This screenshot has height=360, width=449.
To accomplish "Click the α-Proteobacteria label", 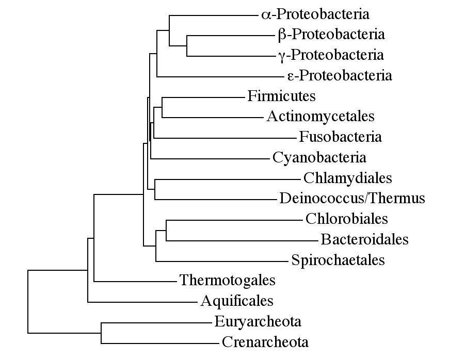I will point(315,14).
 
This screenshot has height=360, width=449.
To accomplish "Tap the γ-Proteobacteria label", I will point(330,55).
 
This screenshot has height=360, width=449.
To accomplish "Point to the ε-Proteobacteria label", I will point(339,76).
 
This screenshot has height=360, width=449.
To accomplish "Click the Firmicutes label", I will point(281,96).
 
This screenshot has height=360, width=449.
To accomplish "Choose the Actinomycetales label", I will point(320,117).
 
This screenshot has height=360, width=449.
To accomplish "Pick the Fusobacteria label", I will point(340,137).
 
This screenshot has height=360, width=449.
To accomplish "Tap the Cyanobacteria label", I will point(319,157).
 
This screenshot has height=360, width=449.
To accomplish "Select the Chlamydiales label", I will point(348,178).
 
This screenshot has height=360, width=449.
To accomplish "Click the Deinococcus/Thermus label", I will point(352,199).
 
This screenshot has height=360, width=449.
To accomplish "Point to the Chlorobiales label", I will point(346,219).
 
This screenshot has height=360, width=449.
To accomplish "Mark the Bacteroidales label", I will point(364,239).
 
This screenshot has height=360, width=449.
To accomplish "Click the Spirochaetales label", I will point(338,260).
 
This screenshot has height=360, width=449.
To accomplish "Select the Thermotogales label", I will point(227,281).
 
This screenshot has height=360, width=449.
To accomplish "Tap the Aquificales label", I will point(237,301).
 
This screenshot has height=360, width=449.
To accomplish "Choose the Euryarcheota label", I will point(258,322).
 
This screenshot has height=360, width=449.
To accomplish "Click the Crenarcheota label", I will point(265,342).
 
